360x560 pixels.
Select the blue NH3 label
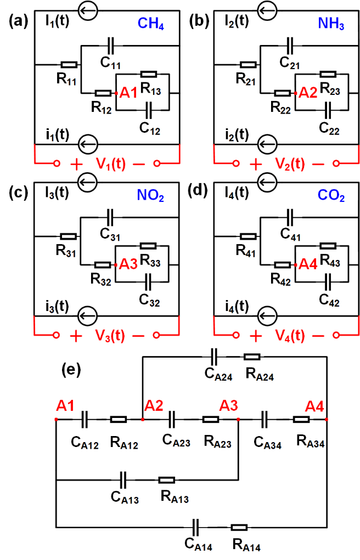[331, 24]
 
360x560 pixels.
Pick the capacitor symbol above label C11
[111, 45]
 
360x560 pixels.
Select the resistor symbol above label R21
[248, 65]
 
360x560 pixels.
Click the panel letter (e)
[70, 370]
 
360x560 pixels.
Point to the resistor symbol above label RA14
[239, 528]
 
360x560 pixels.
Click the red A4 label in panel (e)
[315, 407]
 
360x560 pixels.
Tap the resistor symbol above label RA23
[211, 420]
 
